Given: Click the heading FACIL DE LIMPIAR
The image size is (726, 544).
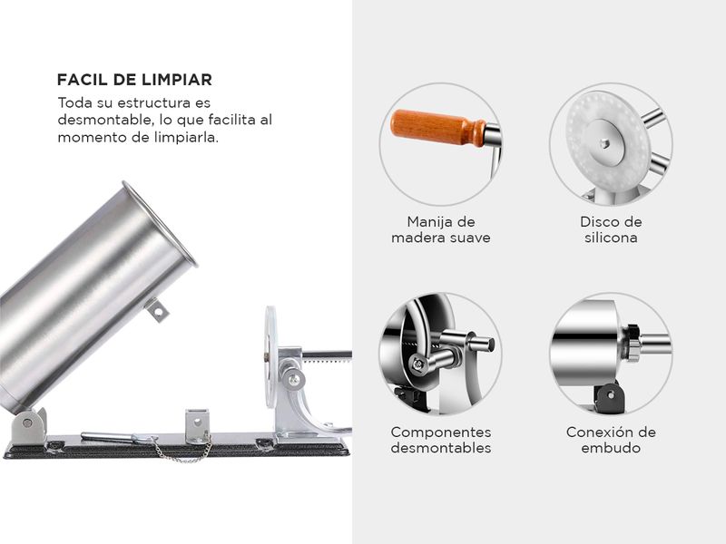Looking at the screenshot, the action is (134, 80).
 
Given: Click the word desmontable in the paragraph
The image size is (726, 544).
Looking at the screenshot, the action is (104, 120).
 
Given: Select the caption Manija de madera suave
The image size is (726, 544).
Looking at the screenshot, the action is (441, 229).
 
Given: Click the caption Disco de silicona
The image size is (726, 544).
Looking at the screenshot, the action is (611, 229).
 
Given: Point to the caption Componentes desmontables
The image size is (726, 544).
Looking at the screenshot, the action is (441, 440).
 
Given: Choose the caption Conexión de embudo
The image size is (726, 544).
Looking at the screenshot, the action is (611, 440).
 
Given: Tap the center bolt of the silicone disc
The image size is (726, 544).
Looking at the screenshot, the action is (604, 143).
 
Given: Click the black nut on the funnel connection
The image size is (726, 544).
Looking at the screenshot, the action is (631, 343).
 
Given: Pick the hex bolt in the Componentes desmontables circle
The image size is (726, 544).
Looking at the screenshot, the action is (418, 364).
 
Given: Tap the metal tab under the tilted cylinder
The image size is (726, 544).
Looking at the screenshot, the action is (157, 310).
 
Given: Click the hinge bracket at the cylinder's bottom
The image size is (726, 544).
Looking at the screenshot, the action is (29, 425).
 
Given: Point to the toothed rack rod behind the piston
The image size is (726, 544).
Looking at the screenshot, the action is (327, 355).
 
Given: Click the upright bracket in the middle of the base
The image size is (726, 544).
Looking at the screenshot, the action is (198, 425).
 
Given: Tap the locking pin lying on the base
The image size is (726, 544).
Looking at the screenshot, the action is (111, 437).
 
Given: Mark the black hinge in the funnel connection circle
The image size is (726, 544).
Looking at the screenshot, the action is (609, 396).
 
